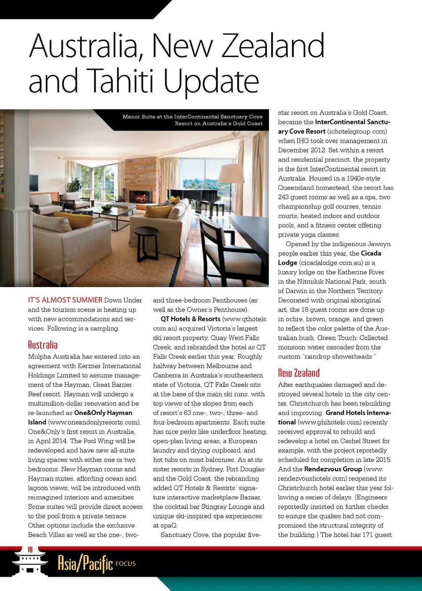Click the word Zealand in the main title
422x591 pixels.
pos(273,46)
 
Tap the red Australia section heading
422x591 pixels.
pos(43,345)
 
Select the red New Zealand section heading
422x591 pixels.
pos(298,373)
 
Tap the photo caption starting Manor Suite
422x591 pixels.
pos(192,120)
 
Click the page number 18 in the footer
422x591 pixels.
pos(30,550)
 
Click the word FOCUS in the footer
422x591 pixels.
pos(126,564)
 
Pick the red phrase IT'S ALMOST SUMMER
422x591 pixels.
pos(65,300)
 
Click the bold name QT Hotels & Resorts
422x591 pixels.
pos(190,319)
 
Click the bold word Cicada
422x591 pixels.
pos(371,253)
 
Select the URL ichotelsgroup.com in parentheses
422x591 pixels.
pos(357,131)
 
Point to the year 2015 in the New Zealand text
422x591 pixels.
pos(383,460)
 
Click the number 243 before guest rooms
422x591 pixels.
pos(284,197)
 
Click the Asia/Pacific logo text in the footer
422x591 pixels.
pos(85,563)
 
